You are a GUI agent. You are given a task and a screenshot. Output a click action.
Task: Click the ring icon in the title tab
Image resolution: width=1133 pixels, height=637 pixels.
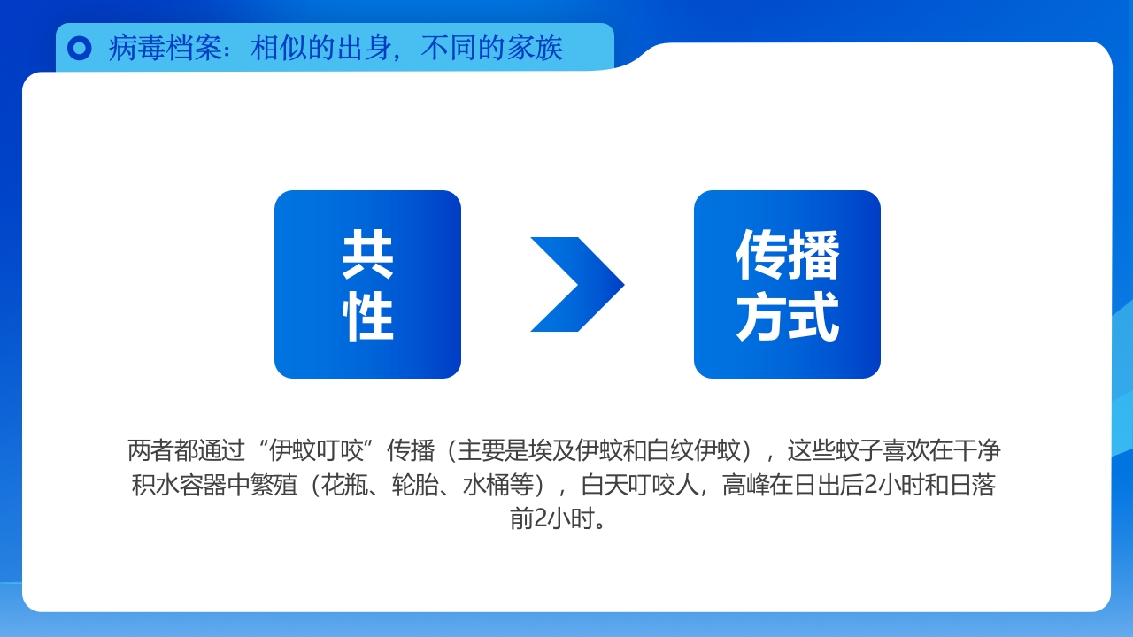(80, 48)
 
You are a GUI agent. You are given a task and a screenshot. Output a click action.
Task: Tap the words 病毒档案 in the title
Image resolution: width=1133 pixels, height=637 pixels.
(166, 48)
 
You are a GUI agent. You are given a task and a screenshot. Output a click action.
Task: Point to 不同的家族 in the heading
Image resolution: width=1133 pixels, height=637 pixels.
(492, 48)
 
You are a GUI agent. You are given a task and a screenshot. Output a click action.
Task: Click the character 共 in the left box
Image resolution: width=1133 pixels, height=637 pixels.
(367, 255)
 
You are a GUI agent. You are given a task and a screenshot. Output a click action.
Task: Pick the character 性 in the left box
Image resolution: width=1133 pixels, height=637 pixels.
(367, 317)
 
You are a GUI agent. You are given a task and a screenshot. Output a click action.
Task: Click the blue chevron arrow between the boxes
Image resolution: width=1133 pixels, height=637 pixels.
(576, 284)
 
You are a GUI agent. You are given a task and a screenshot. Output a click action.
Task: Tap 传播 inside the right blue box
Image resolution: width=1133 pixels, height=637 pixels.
(787, 255)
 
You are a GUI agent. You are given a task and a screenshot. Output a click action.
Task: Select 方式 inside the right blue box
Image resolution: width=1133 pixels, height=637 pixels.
(787, 317)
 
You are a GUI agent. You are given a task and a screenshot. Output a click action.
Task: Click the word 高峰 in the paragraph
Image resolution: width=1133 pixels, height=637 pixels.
(745, 485)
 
